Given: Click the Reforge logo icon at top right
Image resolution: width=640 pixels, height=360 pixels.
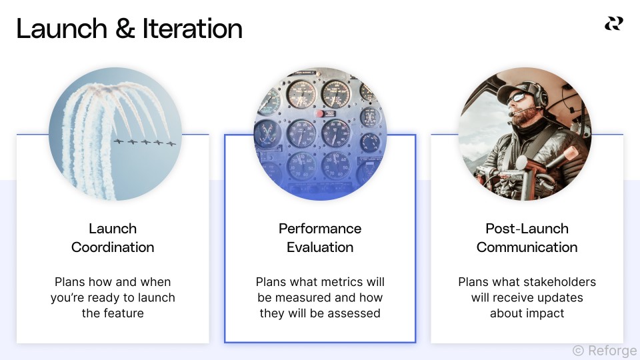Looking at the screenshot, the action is tap(613, 23).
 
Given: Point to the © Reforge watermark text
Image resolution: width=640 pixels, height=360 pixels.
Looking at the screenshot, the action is tap(604, 351).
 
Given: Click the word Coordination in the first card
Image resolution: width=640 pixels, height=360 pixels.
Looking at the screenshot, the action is tap(113, 247).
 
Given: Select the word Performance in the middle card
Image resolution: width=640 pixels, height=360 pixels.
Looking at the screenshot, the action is tap(320, 229).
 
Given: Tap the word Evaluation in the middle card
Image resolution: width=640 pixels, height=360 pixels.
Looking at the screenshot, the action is tap(320, 247).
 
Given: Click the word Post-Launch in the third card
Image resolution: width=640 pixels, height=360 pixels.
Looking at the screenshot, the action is tap(527, 229).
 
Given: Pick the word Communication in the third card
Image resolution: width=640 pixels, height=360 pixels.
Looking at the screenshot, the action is tap(527, 247).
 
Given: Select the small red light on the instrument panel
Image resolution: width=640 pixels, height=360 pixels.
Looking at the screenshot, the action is tap(319, 114).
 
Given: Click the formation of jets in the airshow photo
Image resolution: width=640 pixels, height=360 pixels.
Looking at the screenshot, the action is tap(144, 142).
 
